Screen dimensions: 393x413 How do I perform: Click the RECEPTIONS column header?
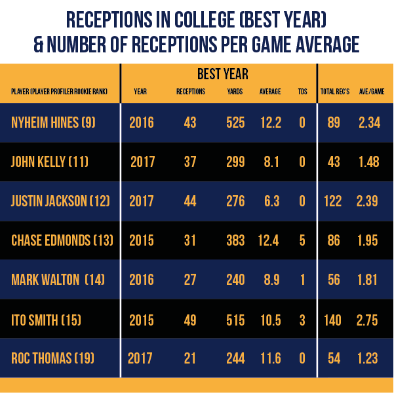click(x=191, y=92)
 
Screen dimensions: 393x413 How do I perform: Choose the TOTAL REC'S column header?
click(x=334, y=92)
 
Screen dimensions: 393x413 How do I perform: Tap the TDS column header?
click(x=302, y=92)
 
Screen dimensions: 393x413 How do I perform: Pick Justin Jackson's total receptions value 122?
click(x=332, y=201)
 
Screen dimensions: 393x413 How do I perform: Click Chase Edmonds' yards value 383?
click(x=235, y=240)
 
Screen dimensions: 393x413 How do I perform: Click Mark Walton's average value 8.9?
click(x=270, y=280)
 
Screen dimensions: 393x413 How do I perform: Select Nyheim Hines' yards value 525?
click(x=235, y=122)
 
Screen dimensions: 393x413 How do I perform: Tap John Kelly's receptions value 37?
click(x=190, y=162)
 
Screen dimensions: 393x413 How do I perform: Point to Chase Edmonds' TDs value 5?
click(x=302, y=240)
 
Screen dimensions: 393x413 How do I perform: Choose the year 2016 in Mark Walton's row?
click(x=142, y=280)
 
